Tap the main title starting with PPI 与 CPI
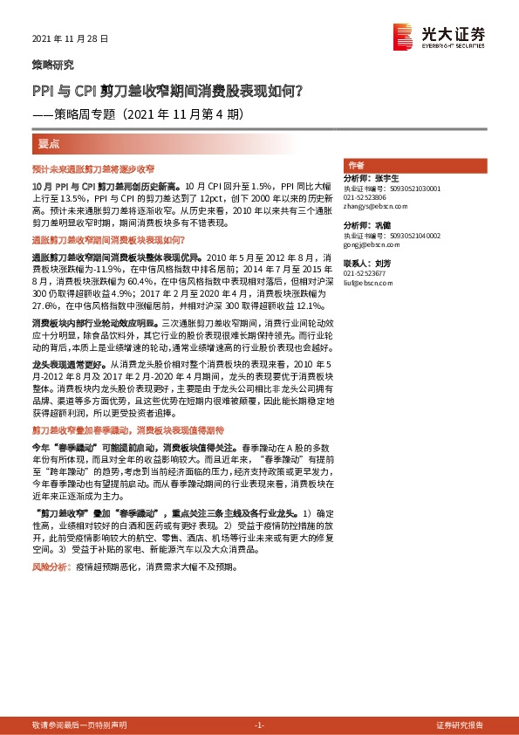tap(167, 89)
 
